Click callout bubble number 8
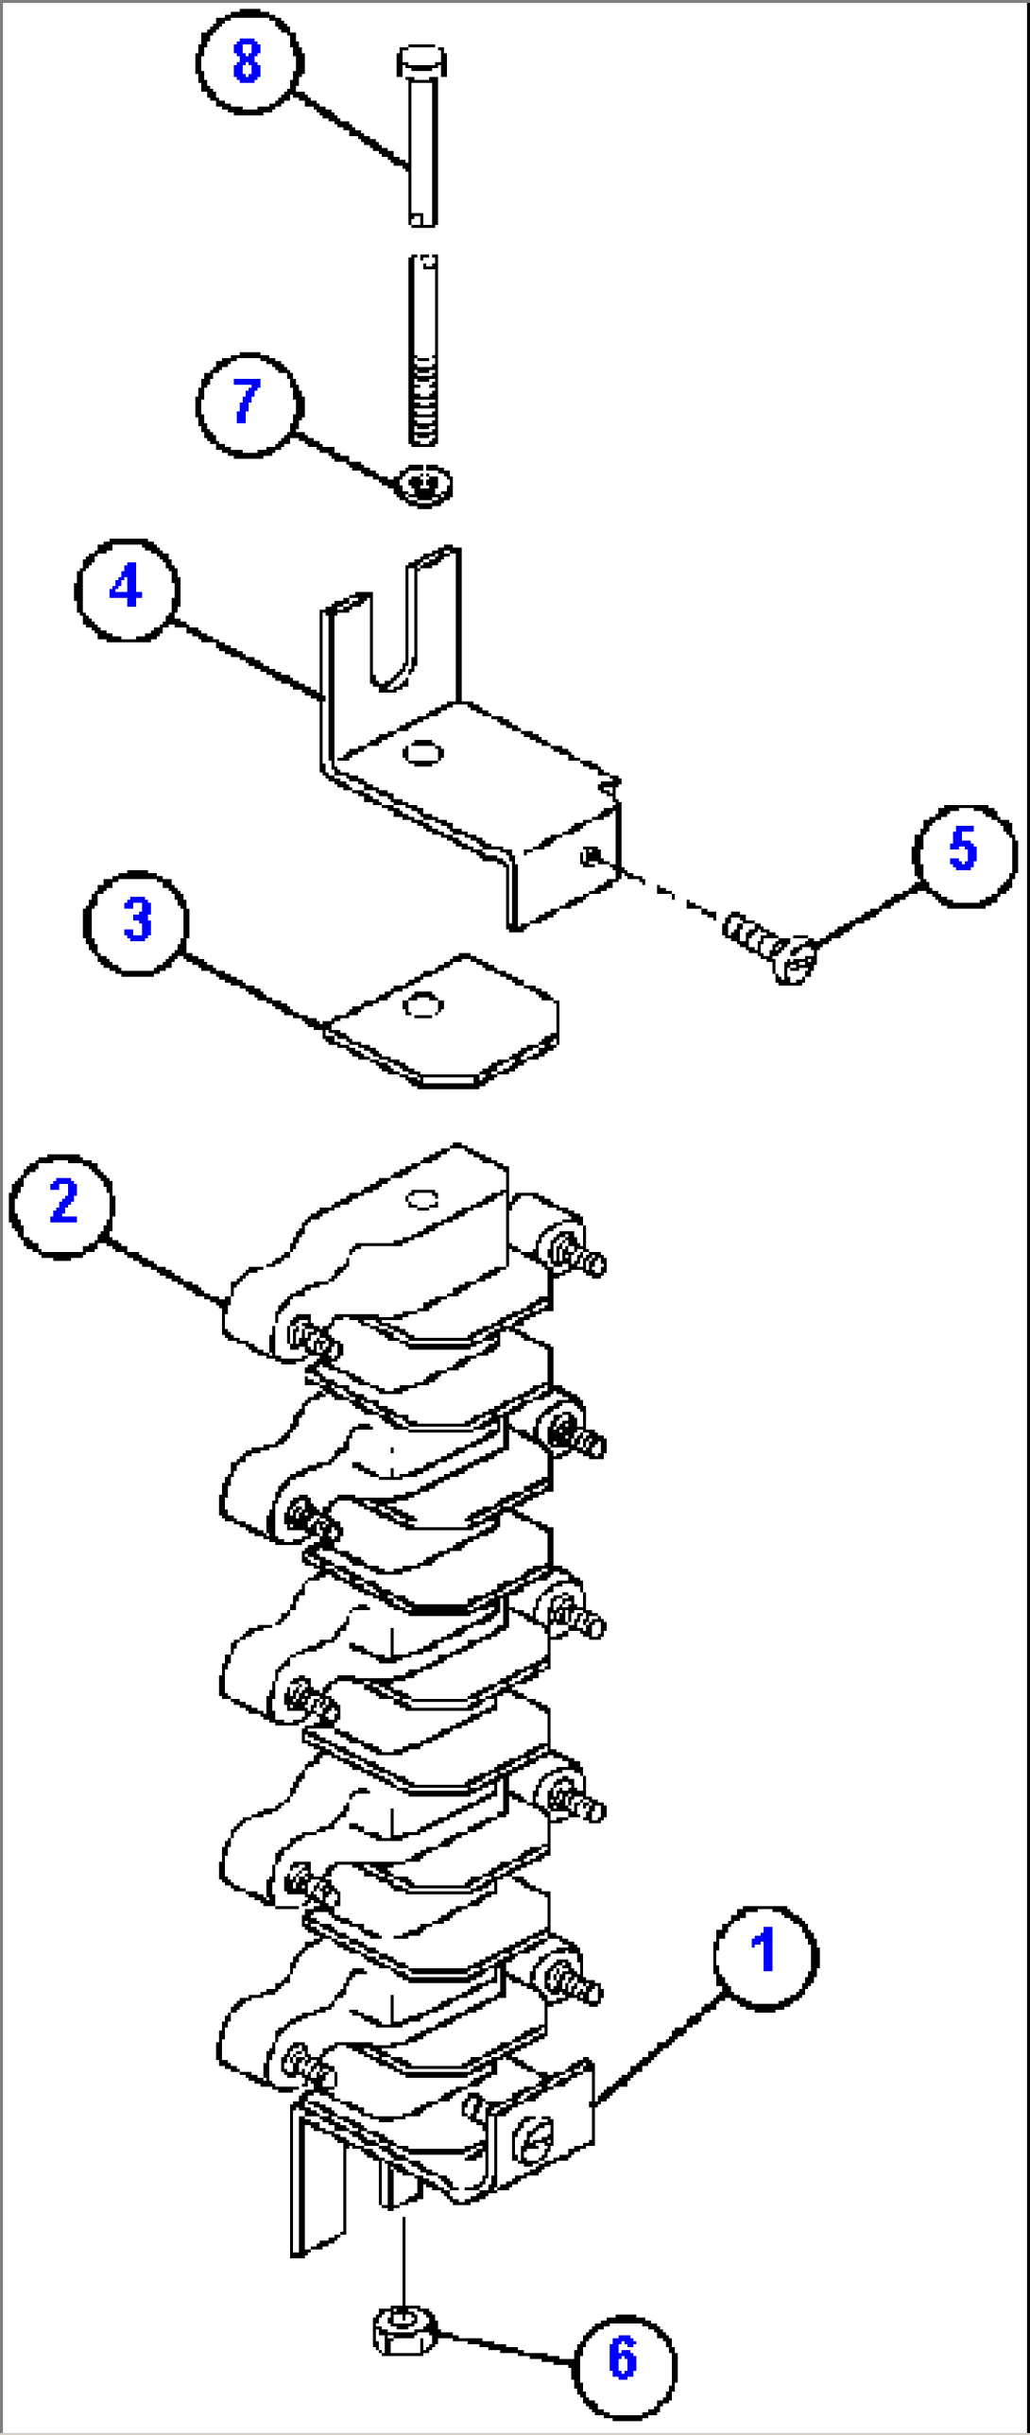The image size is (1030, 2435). point(249,62)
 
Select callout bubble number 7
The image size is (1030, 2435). point(249,405)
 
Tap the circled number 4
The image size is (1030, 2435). point(127,590)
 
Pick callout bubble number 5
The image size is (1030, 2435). point(964,855)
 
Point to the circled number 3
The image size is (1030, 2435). point(137,922)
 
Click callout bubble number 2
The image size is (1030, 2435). point(62,1206)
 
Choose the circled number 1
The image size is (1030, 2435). point(764,1958)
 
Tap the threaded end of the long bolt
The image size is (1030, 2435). point(423,406)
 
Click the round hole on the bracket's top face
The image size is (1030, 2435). point(422,753)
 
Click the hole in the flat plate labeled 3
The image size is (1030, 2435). point(421,1004)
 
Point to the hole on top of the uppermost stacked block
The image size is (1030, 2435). point(421,1199)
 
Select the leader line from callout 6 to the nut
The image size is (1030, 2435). point(501,2345)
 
